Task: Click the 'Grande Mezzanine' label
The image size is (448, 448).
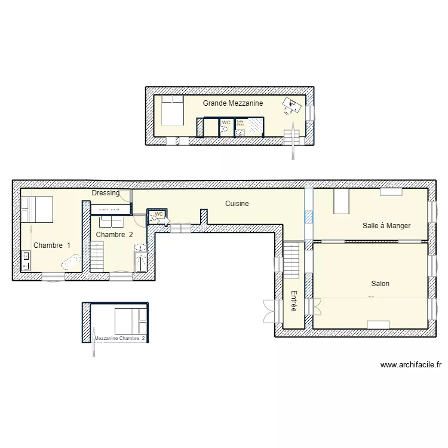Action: click(232, 103)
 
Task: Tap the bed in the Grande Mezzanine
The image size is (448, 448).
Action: click(171, 110)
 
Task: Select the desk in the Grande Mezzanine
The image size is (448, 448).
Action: click(291, 106)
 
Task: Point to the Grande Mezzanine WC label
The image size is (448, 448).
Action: click(226, 122)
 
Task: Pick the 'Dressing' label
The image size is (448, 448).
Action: click(105, 193)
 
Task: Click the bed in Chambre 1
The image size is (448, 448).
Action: click(37, 209)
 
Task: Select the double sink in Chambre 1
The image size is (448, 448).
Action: click(26, 261)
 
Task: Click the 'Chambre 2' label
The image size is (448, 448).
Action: click(114, 235)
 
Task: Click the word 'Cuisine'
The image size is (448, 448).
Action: click(237, 204)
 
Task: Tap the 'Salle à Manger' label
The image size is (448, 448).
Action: click(386, 226)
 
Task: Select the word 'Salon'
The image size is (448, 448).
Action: click(380, 284)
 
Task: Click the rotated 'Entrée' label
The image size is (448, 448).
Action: click(294, 301)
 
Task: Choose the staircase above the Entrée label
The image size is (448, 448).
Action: click(291, 259)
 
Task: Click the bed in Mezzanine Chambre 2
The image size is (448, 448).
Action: click(130, 321)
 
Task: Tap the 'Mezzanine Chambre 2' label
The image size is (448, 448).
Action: click(119, 339)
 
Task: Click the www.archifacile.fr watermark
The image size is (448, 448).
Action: click(410, 365)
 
